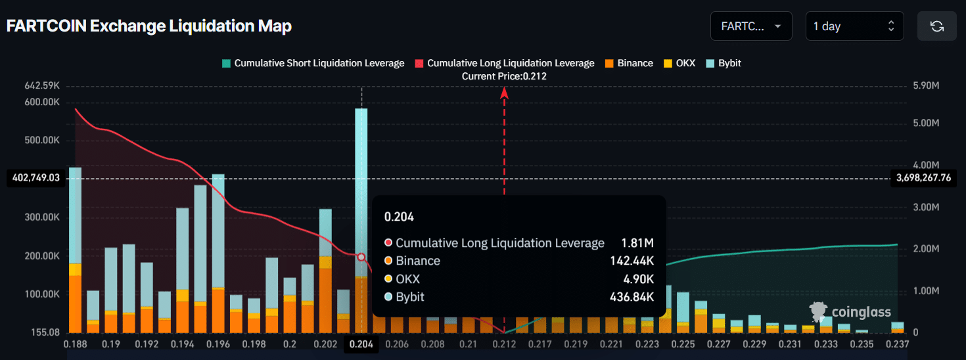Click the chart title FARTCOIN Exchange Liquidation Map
(149, 26)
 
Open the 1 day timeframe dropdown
(854, 26)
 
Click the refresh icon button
(937, 26)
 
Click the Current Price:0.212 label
(504, 76)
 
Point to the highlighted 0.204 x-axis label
(361, 344)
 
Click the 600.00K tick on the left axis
(41, 102)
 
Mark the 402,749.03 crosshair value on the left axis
(36, 177)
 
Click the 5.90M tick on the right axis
(927, 85)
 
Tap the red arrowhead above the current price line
(505, 93)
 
